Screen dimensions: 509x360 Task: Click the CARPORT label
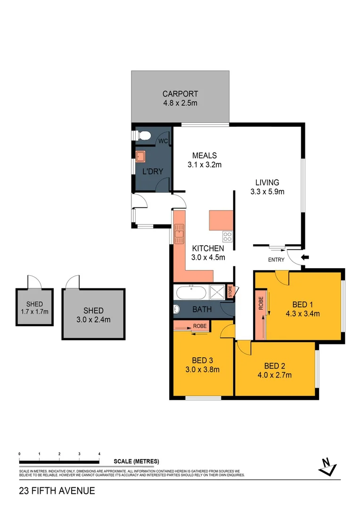point(180,94)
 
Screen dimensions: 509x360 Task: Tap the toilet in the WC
point(144,136)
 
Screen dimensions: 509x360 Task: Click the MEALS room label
point(204,156)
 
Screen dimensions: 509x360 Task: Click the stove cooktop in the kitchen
point(228,237)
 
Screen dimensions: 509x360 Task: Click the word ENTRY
point(276,260)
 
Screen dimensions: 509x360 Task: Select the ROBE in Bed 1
point(260,311)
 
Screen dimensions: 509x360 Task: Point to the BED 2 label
point(274,366)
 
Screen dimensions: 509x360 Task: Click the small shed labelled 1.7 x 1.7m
point(34,307)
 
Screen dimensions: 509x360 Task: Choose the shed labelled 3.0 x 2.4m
point(93,314)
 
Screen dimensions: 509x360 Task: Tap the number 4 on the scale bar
point(99,453)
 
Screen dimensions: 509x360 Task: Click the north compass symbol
point(326,466)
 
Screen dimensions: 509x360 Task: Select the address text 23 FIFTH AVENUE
point(57,491)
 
